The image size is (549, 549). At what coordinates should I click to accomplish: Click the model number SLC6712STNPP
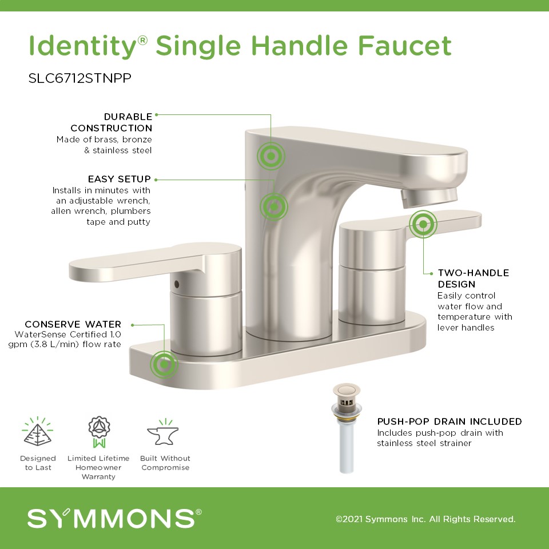point(80,78)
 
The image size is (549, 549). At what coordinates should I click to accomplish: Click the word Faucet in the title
point(405,46)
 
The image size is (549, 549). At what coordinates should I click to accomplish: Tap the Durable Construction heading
point(112,122)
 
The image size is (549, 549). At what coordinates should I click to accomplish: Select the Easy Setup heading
point(120,179)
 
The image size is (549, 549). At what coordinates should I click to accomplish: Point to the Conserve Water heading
point(73,324)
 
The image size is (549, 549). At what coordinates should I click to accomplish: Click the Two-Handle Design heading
point(474,279)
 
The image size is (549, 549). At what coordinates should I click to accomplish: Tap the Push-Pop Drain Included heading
point(449,421)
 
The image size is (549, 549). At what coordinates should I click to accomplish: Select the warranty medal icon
point(99,432)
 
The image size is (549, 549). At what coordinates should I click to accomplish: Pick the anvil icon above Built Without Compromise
point(163,433)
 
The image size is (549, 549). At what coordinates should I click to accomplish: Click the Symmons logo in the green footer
point(114,519)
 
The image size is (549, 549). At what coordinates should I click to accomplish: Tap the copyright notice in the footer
point(425,519)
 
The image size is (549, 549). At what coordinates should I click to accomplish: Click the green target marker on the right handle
point(423,224)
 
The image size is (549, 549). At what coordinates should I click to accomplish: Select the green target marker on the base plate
point(164,364)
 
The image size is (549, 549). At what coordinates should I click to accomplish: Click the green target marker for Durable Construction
point(271,156)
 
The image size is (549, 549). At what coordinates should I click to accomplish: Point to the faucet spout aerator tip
point(429,198)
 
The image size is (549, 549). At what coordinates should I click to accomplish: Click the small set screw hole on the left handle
point(176,284)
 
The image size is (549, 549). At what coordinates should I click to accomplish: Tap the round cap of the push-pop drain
point(347,389)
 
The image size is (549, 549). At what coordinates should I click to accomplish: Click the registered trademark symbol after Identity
point(142,40)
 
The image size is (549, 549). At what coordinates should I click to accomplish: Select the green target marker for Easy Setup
point(274,207)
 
